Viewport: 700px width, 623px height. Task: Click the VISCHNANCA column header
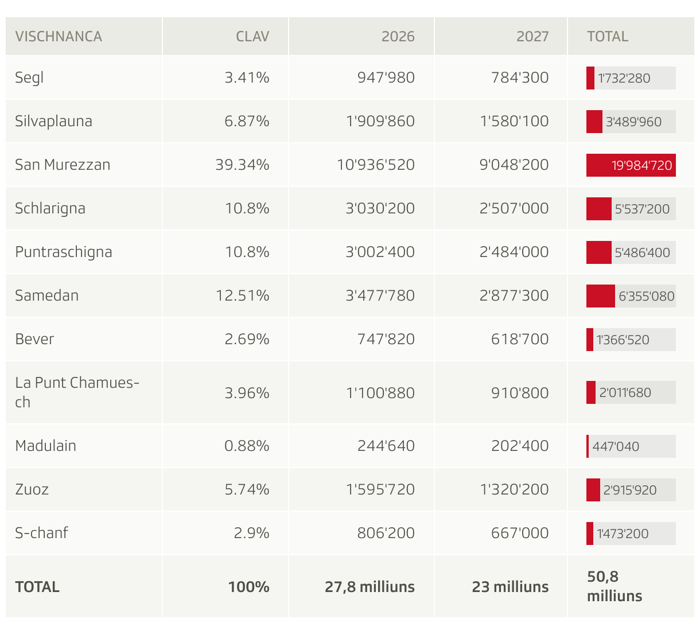click(59, 36)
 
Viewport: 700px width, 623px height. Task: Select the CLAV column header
click(252, 36)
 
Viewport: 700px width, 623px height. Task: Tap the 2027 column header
click(532, 36)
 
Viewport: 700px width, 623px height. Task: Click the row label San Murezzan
click(63, 165)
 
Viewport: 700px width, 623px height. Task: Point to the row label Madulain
click(45, 446)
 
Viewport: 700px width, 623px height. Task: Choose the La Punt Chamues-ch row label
click(77, 392)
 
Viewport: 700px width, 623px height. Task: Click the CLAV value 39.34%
click(242, 165)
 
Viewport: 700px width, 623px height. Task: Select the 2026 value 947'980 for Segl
click(386, 77)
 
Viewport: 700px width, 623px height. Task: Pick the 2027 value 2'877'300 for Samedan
click(514, 295)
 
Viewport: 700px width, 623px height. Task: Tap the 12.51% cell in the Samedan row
click(242, 295)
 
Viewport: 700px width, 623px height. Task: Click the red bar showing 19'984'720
click(631, 165)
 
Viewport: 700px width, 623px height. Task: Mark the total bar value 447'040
click(616, 446)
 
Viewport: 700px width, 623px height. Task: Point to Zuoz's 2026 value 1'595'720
click(380, 489)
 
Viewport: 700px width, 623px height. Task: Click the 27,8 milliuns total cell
click(370, 587)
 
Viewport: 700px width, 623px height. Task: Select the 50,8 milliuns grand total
click(614, 586)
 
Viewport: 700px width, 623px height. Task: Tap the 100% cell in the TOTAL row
click(248, 587)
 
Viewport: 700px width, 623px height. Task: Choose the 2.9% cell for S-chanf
click(251, 533)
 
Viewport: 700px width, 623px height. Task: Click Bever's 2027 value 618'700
click(520, 339)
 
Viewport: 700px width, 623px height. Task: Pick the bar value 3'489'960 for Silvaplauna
click(633, 122)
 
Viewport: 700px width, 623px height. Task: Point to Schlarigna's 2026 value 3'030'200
click(380, 208)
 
